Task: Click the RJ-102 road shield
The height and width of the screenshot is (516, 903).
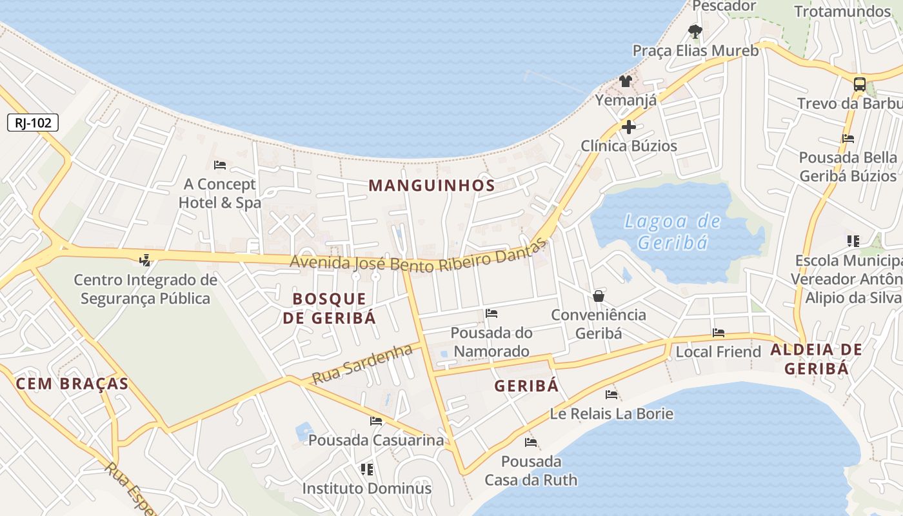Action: point(33,123)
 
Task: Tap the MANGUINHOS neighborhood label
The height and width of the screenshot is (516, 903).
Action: point(432,186)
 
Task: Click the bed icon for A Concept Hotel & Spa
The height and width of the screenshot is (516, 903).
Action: point(220,165)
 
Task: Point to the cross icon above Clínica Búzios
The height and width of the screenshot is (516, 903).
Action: point(629,127)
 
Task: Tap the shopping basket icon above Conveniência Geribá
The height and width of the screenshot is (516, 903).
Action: point(599,296)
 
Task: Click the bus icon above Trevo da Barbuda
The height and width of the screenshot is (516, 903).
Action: point(859,84)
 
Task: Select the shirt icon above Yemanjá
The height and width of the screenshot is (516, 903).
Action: point(626,81)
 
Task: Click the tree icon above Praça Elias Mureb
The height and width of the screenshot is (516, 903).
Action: point(695,30)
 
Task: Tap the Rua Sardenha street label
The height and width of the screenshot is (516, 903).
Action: point(362,364)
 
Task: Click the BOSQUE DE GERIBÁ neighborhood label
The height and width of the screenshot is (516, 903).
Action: point(329,308)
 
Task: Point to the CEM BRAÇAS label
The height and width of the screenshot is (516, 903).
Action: point(72,384)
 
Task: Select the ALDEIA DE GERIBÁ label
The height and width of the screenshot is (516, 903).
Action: point(816,359)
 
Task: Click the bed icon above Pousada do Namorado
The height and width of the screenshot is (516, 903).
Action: point(491,314)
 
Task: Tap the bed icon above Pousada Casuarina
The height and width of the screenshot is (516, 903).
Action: point(376,421)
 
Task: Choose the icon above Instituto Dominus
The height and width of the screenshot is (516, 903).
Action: point(367,469)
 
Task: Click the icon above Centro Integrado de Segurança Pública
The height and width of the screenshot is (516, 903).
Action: point(145,261)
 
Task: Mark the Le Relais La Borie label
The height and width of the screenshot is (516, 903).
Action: point(611,413)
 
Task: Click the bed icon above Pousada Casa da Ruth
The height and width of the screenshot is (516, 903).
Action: point(531,442)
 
